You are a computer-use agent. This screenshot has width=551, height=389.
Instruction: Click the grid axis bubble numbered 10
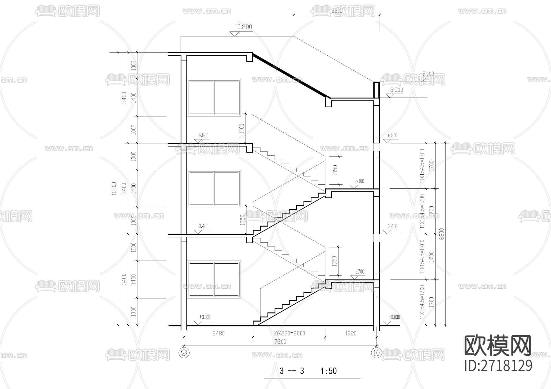coord(377,353)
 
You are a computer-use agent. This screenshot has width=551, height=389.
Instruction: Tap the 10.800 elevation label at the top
coord(243,27)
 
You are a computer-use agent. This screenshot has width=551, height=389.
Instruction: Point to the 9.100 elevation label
coord(428,74)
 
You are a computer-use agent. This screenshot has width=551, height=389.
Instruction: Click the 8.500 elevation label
coord(396,90)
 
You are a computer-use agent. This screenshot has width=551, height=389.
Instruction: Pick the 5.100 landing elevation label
coord(360,181)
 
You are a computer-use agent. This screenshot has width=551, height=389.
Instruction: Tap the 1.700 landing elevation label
coord(360,272)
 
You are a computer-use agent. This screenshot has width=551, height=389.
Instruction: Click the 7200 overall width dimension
coord(280,342)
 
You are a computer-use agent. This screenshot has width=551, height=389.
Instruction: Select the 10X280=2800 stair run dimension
coord(289,333)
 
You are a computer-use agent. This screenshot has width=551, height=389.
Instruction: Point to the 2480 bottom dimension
coord(218,333)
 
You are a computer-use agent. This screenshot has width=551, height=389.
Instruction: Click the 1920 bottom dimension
coord(350,333)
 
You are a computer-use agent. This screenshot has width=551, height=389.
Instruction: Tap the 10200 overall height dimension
coord(114,188)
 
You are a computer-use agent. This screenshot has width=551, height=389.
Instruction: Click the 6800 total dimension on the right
coord(441,234)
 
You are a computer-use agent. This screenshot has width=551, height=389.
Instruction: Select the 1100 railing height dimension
coord(242,129)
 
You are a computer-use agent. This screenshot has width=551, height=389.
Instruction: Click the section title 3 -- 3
coord(292,371)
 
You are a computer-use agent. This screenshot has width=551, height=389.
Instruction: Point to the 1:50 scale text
coord(328,371)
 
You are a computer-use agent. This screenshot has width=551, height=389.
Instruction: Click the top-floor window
coord(214,98)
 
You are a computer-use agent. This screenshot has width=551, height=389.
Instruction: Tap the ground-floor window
coord(214,279)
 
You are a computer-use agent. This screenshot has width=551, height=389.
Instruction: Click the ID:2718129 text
coord(498,366)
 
